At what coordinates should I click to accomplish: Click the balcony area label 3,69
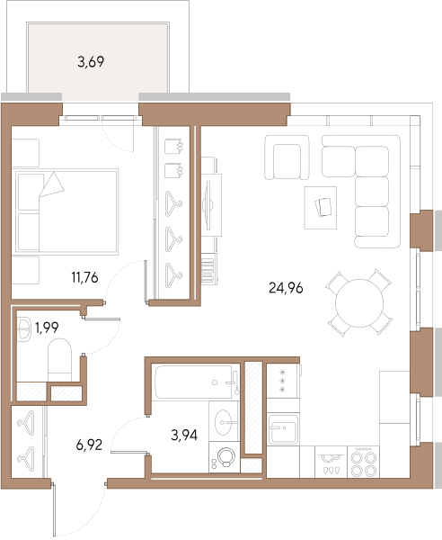click(91, 62)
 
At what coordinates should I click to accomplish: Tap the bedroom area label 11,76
click(84, 277)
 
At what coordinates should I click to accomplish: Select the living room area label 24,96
click(286, 288)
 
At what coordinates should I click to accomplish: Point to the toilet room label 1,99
click(47, 328)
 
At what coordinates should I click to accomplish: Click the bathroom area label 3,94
click(184, 436)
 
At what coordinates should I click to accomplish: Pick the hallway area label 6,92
click(89, 445)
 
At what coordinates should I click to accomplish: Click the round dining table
click(359, 303)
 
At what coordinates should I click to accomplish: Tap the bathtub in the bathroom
click(196, 382)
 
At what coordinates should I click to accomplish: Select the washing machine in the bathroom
click(225, 458)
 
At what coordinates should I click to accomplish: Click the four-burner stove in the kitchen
click(363, 462)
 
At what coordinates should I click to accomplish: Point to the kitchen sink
click(283, 429)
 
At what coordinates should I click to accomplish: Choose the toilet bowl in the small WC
click(59, 360)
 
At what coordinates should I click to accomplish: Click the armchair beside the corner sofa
click(287, 157)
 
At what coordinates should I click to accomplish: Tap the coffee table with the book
click(321, 208)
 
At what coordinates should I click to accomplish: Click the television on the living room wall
click(207, 205)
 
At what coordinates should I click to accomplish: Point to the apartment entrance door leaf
click(54, 510)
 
